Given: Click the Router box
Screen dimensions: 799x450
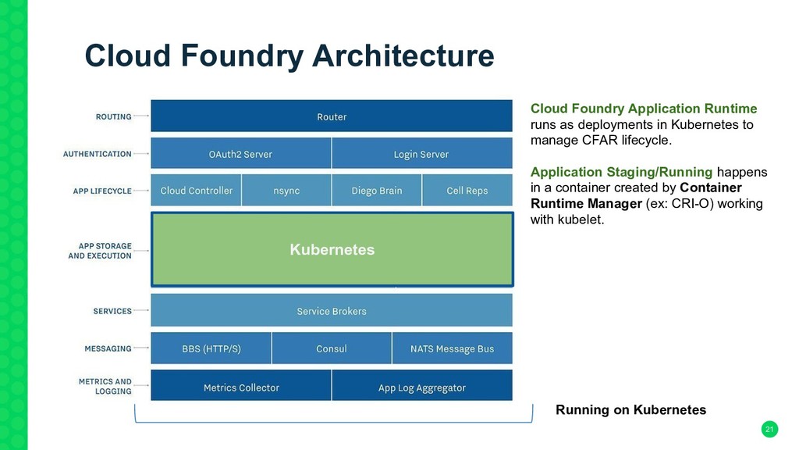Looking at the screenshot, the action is click(331, 116).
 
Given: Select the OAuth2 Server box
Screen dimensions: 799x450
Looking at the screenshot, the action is click(240, 153).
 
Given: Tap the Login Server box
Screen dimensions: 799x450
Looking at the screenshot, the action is click(422, 153).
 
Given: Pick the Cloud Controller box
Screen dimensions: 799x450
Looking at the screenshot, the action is click(196, 190).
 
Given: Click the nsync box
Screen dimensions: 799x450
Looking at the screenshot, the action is click(286, 190).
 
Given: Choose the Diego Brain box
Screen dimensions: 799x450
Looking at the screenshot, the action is click(377, 190).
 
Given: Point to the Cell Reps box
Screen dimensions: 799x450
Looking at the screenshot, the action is click(467, 190).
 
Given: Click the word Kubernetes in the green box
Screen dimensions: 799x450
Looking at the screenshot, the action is click(332, 249).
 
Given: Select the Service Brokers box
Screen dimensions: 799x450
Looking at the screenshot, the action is click(331, 310).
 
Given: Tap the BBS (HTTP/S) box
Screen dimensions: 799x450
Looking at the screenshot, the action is click(211, 348).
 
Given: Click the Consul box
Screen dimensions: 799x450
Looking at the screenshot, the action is click(332, 348).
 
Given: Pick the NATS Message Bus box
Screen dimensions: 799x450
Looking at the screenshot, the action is click(453, 348).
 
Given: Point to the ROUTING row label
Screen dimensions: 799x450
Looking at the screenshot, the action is click(113, 117).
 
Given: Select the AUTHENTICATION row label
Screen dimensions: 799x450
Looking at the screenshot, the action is click(97, 154).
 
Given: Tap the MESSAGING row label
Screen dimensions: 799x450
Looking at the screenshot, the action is click(108, 348).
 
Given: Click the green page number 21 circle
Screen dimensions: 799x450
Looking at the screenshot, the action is click(769, 429).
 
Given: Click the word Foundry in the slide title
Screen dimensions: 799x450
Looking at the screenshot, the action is click(242, 56).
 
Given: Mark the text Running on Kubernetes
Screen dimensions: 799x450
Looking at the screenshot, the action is click(630, 409).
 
